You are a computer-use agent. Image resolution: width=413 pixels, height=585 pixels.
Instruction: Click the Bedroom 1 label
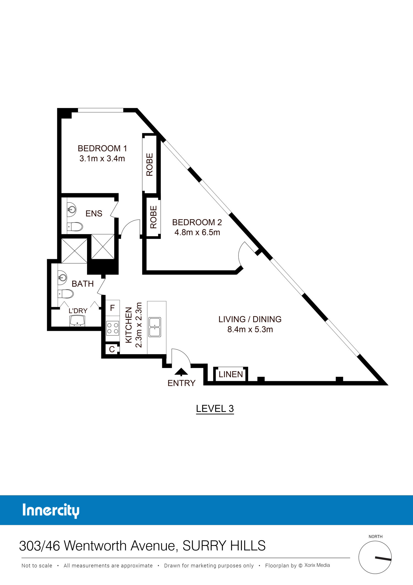pos(102,148)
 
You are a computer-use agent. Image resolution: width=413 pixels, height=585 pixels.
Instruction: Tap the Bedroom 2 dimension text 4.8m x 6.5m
pos(197,232)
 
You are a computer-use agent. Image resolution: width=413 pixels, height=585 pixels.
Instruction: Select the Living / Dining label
pos(250,319)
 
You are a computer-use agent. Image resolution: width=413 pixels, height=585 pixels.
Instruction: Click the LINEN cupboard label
pos(231,374)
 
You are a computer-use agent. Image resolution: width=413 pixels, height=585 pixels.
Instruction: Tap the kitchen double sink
pos(155,327)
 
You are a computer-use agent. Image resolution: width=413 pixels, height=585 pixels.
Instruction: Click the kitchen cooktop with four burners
pos(113,328)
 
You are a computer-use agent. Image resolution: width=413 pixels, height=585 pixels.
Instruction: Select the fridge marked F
pos(112,308)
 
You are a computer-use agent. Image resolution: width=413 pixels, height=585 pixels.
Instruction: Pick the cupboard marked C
pos(112,349)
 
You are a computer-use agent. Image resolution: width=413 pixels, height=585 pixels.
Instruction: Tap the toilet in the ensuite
pos(75,227)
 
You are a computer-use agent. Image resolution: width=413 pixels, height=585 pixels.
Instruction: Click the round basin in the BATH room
pos(62,277)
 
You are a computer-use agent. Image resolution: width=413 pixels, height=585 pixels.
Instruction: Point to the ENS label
pos(94,214)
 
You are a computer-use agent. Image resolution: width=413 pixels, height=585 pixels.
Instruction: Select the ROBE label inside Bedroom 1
pos(150,165)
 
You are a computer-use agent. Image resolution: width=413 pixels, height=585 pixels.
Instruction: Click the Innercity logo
pos(51,511)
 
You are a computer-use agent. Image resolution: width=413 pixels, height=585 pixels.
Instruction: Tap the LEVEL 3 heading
pos(215,409)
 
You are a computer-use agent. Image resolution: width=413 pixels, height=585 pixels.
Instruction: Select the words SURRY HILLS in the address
pos(224,546)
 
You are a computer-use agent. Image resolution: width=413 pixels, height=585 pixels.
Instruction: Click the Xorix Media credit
pos(317,565)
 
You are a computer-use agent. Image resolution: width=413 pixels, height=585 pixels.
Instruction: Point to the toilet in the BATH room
pos(66,294)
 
